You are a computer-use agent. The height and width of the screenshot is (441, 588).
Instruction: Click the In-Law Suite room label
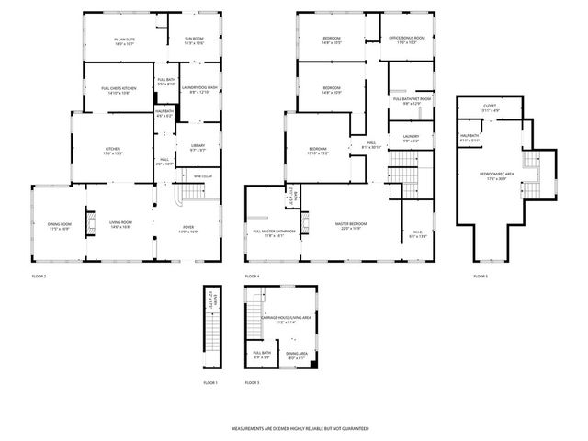click(x=125, y=40)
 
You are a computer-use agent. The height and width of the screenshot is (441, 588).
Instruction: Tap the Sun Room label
click(x=194, y=41)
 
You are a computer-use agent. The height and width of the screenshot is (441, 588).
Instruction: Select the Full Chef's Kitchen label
click(x=119, y=90)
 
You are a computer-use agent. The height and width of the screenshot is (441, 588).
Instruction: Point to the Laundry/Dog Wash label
click(x=199, y=90)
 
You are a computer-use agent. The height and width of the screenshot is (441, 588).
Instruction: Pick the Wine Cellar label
click(x=202, y=176)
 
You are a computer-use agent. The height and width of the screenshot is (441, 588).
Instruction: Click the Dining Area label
click(x=297, y=355)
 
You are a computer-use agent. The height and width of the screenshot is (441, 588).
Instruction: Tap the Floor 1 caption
click(x=210, y=382)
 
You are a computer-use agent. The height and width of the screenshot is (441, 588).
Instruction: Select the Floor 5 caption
click(x=481, y=277)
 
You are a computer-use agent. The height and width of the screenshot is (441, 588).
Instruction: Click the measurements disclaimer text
click(x=293, y=427)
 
